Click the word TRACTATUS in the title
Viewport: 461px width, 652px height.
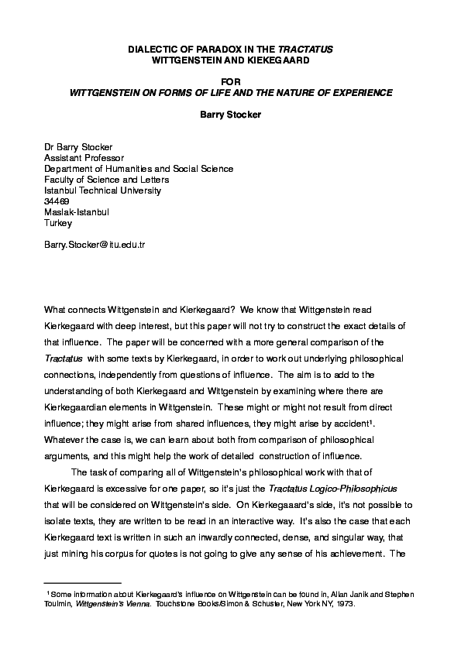308,49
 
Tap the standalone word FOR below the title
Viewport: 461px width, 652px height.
230,81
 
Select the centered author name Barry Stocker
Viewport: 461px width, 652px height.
230,114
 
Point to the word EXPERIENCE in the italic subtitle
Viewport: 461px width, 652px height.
357,92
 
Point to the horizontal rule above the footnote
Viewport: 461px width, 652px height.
83,582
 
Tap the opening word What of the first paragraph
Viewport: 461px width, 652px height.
57,310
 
